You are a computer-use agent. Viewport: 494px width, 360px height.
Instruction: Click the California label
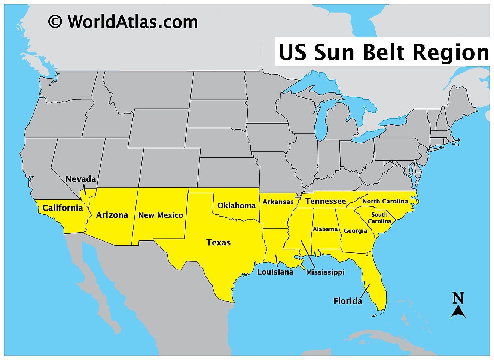coord(62,208)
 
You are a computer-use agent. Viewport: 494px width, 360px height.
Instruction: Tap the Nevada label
coord(81,179)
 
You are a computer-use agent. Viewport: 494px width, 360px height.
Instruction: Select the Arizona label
coord(112,215)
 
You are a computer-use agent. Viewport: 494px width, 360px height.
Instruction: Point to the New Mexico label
coord(161,215)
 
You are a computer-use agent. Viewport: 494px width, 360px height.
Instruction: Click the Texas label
coord(219,243)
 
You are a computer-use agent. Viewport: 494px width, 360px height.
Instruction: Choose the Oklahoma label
coord(237,206)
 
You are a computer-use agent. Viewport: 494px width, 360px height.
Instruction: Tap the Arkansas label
coord(278,202)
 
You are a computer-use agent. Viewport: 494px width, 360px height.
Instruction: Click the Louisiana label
coord(275,272)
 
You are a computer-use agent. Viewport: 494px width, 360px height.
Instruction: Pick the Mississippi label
coord(325,272)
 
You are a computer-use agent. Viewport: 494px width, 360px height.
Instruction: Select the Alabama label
coord(325,229)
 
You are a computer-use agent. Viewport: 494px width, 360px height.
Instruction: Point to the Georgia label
coord(356,231)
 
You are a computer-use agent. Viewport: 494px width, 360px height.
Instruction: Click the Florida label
coord(348,301)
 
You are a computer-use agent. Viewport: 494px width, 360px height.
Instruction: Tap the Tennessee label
coord(326,202)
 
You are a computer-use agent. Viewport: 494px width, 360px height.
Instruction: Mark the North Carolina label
coord(385,202)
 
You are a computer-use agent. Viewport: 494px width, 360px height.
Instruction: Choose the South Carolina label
coord(379,218)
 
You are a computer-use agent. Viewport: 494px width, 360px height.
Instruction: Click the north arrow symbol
coord(458,312)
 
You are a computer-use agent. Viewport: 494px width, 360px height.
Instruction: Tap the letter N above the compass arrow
coord(458,298)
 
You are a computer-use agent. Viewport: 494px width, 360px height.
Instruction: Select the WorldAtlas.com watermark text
coord(132,22)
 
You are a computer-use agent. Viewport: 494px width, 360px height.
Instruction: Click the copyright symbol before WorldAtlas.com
coord(55,22)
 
